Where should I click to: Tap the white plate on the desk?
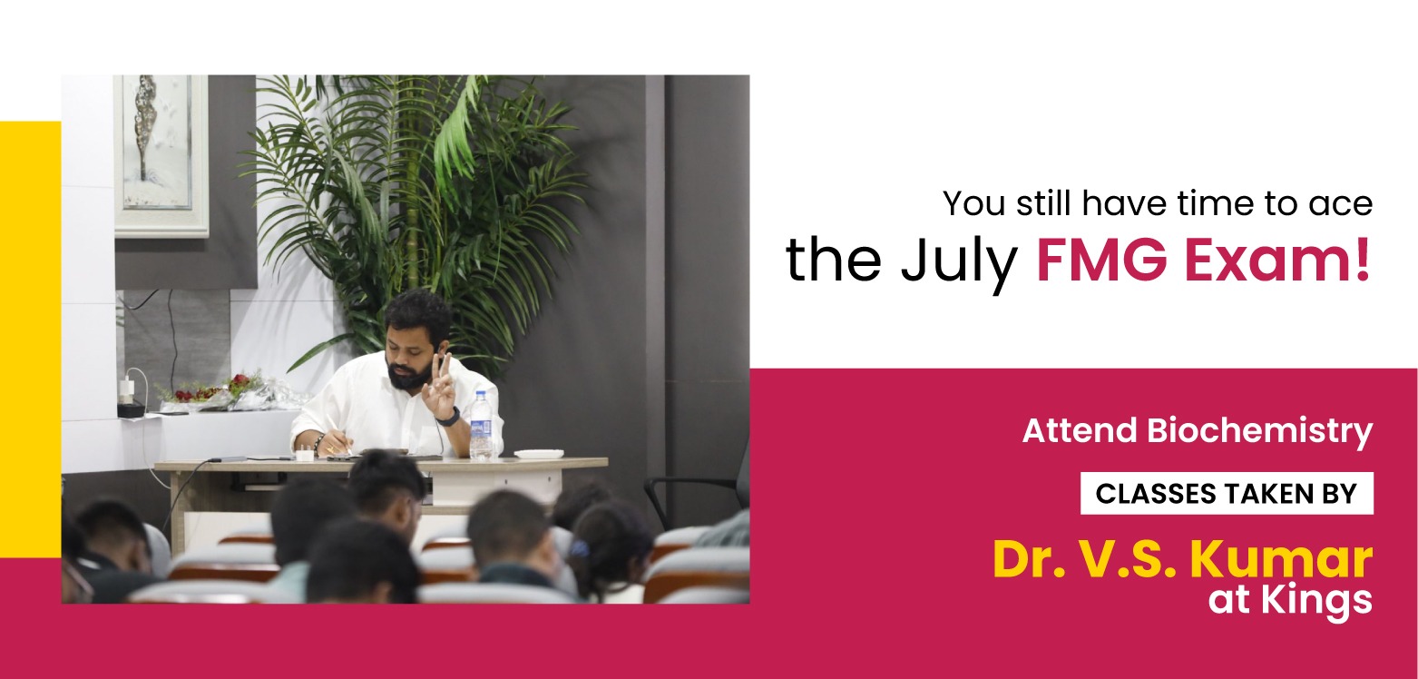click(538, 453)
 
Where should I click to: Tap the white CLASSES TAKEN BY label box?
click(1226, 493)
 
